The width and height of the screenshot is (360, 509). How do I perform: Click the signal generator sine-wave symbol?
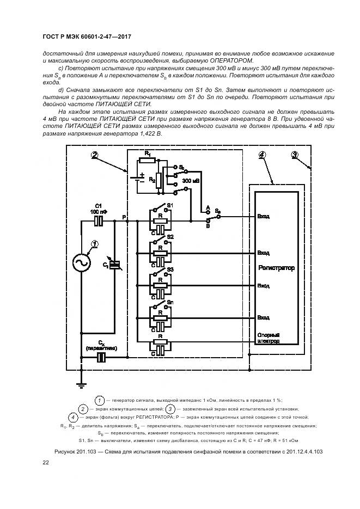tap(81, 263)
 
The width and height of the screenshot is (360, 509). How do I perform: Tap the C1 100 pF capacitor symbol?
tap(99, 221)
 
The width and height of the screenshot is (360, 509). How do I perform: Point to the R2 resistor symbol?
tap(158, 180)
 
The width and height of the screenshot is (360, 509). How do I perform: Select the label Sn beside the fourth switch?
tap(170, 302)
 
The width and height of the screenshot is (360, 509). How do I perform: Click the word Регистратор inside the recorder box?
tap(276, 268)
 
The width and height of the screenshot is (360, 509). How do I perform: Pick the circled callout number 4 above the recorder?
tap(262, 155)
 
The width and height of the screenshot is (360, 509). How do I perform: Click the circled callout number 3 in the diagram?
tap(295, 155)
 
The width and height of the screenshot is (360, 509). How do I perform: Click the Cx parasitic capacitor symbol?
tap(102, 357)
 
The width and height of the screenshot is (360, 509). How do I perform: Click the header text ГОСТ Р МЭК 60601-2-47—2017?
tap(87, 37)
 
